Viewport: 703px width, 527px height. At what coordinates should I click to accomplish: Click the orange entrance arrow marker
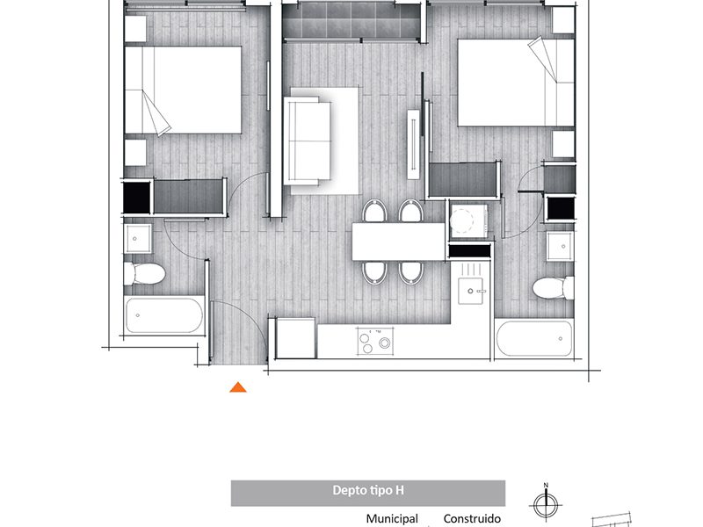[238, 387]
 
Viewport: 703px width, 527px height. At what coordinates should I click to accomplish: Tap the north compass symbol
[546, 503]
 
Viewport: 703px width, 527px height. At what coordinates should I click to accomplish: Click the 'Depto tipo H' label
[368, 490]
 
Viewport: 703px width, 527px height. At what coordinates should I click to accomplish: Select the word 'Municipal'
[392, 518]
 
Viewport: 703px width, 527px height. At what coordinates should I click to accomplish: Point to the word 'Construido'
[472, 518]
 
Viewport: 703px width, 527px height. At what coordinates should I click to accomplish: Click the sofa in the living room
[308, 141]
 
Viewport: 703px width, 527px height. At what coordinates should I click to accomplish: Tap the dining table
[398, 242]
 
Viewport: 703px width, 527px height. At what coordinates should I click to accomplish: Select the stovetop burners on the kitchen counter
[375, 341]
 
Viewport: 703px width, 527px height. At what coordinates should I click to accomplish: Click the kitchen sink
[470, 291]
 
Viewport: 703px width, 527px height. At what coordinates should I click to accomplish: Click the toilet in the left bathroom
[144, 273]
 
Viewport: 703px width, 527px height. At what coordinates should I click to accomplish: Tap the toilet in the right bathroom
[554, 288]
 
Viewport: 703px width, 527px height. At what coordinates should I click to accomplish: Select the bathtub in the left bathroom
[164, 316]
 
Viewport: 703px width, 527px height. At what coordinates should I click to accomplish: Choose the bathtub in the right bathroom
[534, 338]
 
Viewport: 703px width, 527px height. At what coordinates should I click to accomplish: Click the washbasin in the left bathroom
[137, 238]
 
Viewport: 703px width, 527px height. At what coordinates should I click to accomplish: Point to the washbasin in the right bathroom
[560, 246]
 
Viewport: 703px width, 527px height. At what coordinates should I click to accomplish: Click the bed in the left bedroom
[183, 90]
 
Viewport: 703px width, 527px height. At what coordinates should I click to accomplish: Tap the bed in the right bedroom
[516, 83]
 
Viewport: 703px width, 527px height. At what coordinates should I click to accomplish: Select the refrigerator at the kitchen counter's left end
[295, 338]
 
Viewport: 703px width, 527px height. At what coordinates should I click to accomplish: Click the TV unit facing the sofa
[413, 144]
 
